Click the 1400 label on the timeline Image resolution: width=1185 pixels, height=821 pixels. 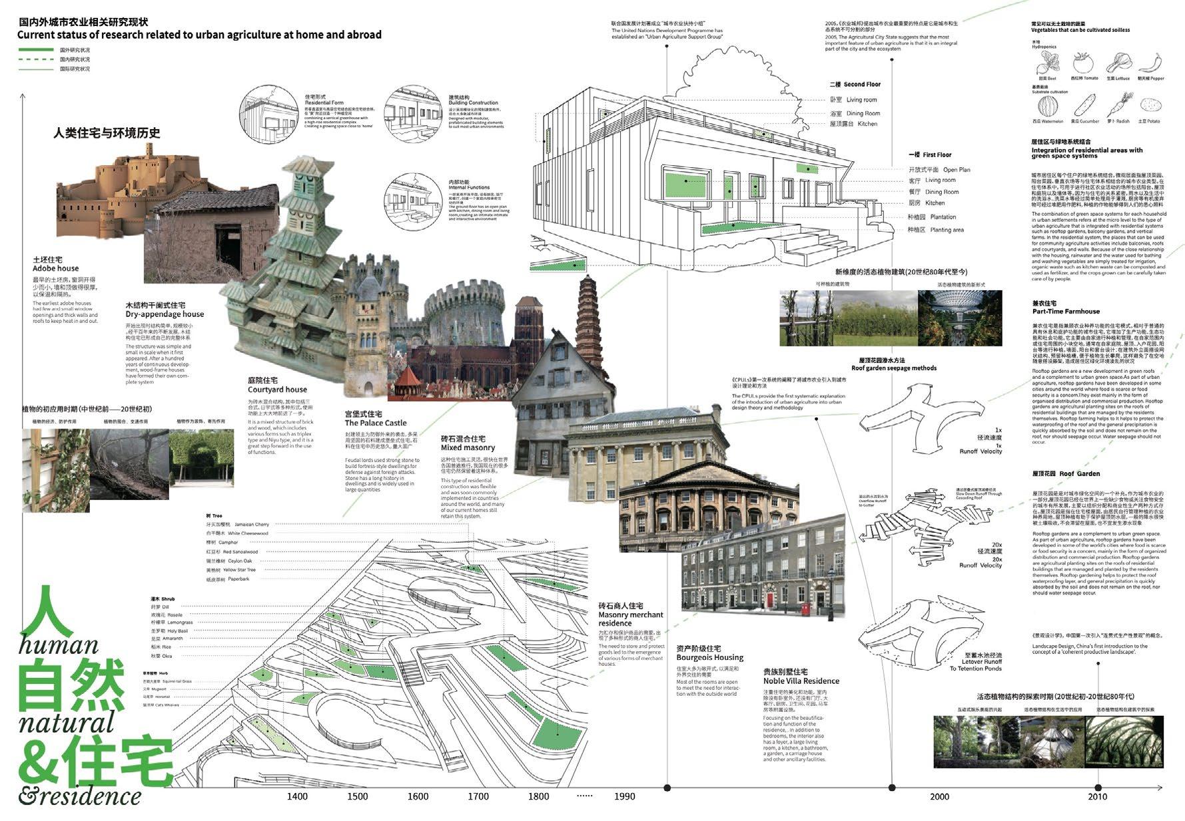click(297, 796)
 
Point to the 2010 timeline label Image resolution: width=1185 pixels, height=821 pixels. click(1097, 796)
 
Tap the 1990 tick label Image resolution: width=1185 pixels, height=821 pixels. click(625, 796)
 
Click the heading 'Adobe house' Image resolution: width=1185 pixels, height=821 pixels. click(55, 268)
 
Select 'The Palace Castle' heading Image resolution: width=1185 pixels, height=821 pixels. click(376, 423)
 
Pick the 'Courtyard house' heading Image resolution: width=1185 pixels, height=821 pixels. click(277, 390)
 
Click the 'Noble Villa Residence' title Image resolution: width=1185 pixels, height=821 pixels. click(801, 681)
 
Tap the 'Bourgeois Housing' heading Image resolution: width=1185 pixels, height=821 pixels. click(709, 657)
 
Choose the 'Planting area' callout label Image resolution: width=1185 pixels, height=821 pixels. click(947, 230)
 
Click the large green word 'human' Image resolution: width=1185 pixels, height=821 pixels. click(59, 645)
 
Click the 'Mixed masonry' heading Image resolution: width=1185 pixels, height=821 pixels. click(468, 448)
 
